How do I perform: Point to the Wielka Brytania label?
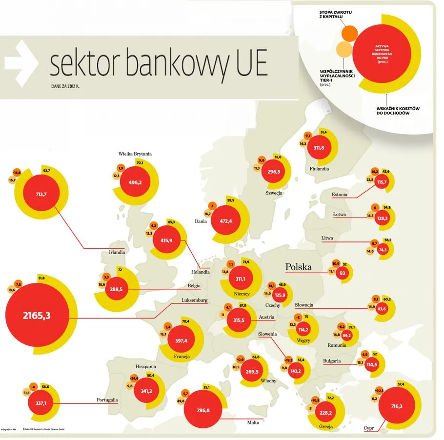tap(135, 154)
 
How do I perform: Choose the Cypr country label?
tap(369, 428)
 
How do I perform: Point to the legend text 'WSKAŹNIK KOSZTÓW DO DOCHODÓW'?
tap(399, 110)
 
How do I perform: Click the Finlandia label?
tap(319, 169)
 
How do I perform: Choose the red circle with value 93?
tap(343, 274)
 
